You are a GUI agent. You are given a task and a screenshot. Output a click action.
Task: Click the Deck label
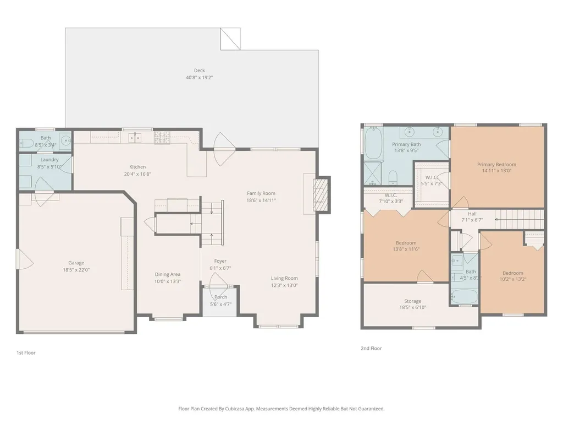pyautogui.click(x=199, y=70)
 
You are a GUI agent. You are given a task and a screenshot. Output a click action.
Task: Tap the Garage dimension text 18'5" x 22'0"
pyautogui.click(x=76, y=270)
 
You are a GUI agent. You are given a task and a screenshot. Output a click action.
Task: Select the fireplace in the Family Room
pyautogui.click(x=321, y=194)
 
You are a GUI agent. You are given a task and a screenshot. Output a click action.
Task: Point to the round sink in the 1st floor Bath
pyautogui.click(x=65, y=140)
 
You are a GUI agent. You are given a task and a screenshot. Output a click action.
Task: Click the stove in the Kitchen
pyautogui.click(x=162, y=137)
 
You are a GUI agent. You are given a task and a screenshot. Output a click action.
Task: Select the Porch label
pyautogui.click(x=221, y=297)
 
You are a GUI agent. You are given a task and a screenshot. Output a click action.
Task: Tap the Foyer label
pyautogui.click(x=220, y=261)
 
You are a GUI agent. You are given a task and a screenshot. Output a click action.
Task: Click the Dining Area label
pyautogui.click(x=168, y=274)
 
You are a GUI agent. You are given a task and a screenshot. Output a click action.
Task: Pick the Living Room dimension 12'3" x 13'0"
pyautogui.click(x=284, y=286)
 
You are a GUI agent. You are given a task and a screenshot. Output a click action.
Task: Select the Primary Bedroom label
pyautogui.click(x=496, y=164)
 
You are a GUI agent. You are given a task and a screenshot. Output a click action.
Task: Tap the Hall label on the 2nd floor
pyautogui.click(x=472, y=214)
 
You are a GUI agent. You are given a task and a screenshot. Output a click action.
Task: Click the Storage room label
pyautogui.click(x=412, y=301)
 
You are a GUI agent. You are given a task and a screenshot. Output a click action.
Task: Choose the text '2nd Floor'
pyautogui.click(x=371, y=348)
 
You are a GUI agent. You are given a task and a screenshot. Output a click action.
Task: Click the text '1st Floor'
pyautogui.click(x=26, y=352)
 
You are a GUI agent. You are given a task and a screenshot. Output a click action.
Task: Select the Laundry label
pyautogui.click(x=49, y=160)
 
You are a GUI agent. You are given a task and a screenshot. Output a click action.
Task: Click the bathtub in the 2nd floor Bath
pyautogui.click(x=465, y=297)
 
